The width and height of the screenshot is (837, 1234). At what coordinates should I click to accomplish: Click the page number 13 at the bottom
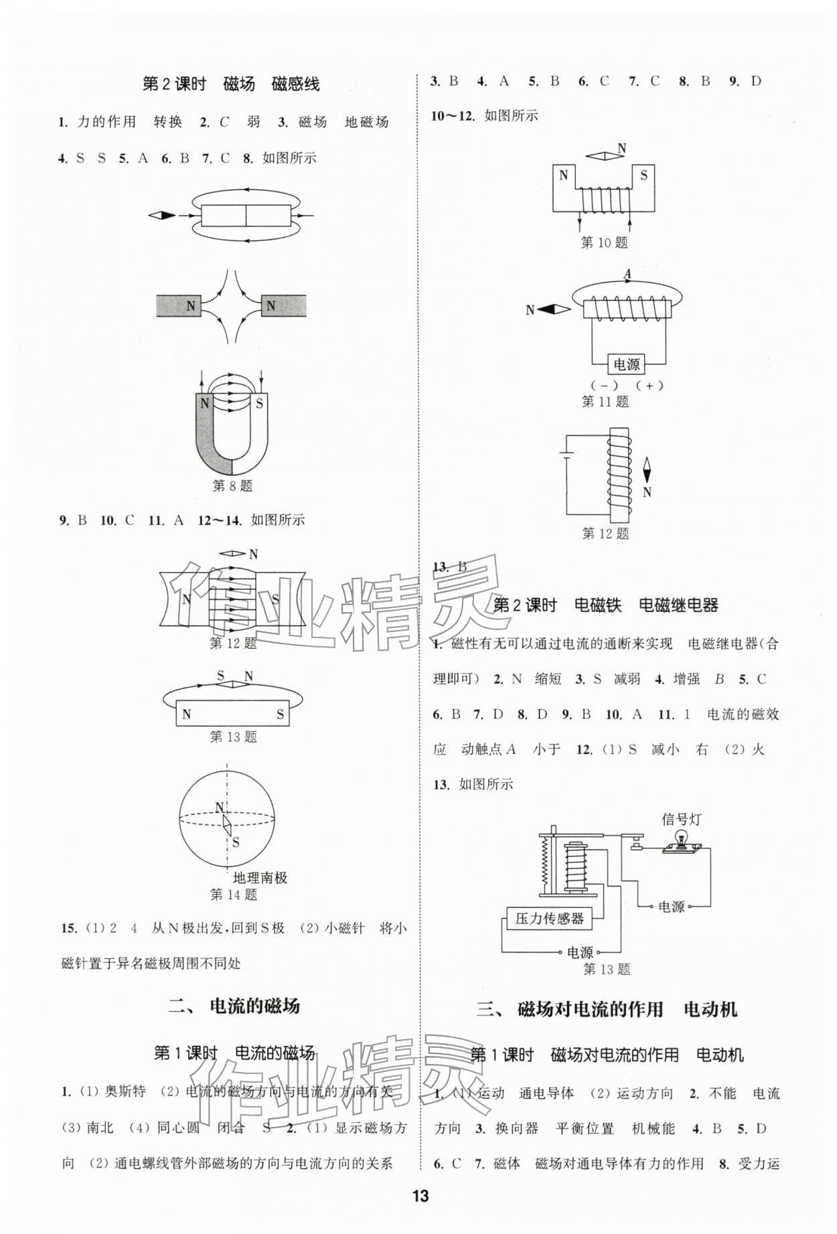coord(420,1196)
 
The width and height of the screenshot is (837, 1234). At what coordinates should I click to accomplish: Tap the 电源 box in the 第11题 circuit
coord(626,364)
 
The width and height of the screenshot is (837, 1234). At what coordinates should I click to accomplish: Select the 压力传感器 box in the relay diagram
coord(549,919)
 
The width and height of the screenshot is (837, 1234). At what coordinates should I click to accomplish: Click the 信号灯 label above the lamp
coord(682,819)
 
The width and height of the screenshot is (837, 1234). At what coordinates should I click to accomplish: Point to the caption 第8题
coord(232,486)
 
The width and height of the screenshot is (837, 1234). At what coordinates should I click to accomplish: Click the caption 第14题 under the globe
coord(233,895)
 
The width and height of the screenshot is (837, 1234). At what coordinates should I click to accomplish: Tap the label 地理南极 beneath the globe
coord(260,878)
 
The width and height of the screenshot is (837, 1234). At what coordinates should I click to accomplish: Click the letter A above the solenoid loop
coord(627,274)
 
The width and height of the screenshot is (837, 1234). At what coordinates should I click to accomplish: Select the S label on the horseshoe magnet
coord(259,404)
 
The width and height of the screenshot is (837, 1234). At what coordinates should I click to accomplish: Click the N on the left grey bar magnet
coord(191,306)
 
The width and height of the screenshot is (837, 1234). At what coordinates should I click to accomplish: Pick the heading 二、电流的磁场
coord(234,1006)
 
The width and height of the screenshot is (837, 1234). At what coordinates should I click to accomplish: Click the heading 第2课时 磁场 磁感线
coord(231,84)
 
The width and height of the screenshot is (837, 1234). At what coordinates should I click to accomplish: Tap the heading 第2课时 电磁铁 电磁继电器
coord(605,606)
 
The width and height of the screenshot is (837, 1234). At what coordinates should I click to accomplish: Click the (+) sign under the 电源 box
coord(649,386)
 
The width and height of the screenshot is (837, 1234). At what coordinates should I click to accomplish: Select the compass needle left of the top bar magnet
coord(162,215)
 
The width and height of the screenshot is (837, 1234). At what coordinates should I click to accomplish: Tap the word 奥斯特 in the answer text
coord(125,1091)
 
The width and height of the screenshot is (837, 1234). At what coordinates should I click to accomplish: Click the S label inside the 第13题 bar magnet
coord(280,714)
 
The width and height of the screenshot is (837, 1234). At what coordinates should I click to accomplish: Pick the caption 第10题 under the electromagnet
coord(604,242)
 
